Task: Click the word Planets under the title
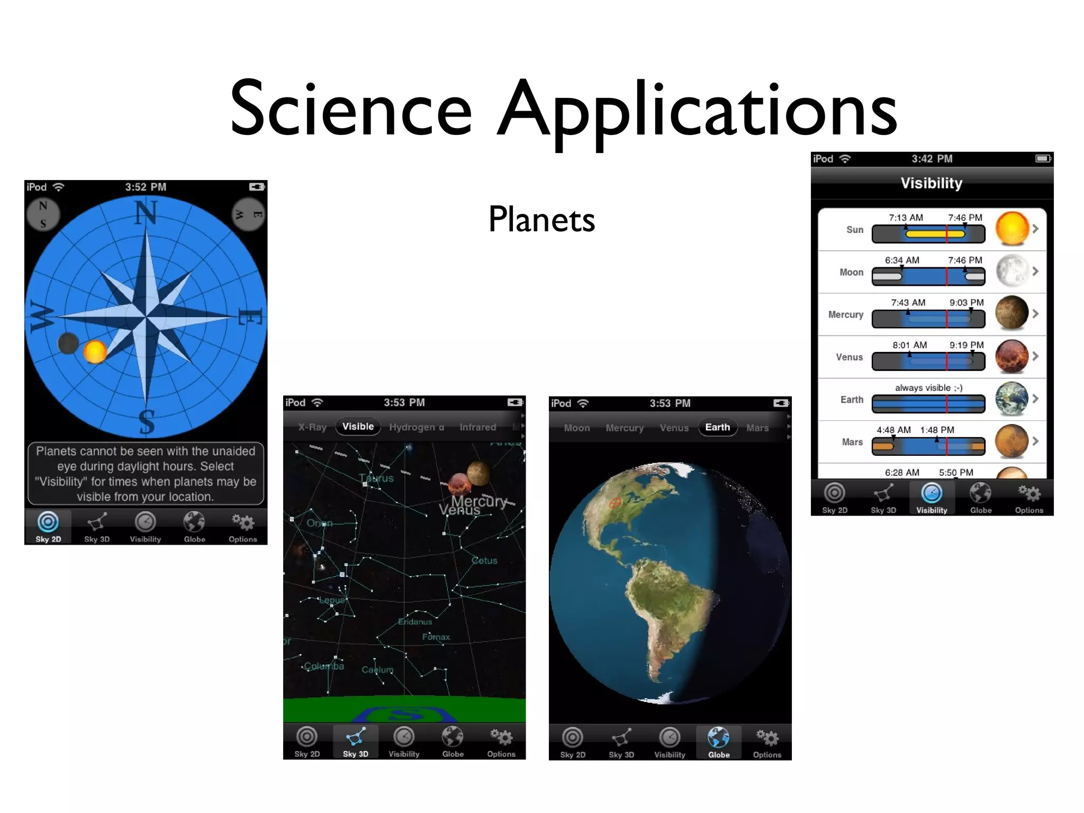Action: (x=541, y=219)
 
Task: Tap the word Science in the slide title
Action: (x=350, y=109)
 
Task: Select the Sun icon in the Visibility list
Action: (x=1011, y=229)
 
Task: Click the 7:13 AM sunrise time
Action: (x=906, y=218)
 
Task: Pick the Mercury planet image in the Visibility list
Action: (x=1011, y=313)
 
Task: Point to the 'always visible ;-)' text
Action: (x=928, y=387)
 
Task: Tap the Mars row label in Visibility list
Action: (x=852, y=442)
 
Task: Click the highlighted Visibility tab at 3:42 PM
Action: (x=932, y=498)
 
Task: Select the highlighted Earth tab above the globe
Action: (x=717, y=427)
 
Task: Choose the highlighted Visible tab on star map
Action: (x=358, y=427)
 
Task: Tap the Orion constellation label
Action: (x=320, y=523)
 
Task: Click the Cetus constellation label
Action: (x=484, y=561)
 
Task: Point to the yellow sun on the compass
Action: (x=95, y=351)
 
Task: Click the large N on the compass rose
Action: (x=146, y=213)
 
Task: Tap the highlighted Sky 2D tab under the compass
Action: (x=48, y=527)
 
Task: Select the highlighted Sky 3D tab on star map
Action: (x=355, y=742)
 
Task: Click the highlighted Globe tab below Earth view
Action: (x=718, y=742)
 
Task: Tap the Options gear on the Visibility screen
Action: (x=1029, y=498)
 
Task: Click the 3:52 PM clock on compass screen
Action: (x=146, y=187)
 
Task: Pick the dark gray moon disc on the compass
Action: (x=68, y=343)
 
